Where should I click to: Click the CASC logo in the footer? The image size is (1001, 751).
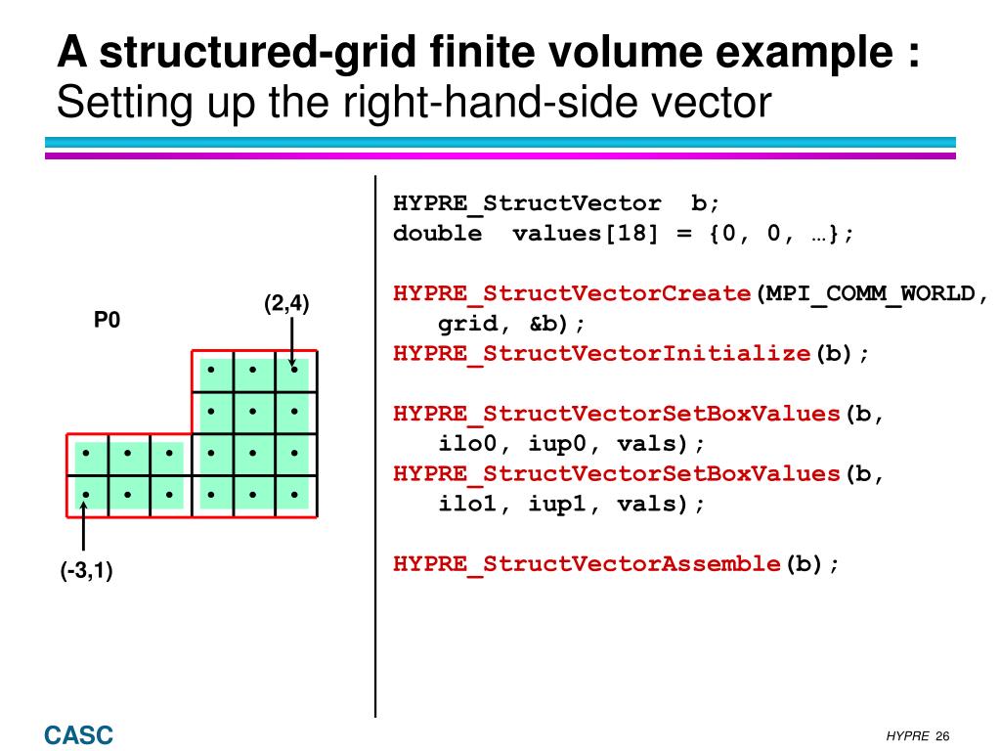(78, 734)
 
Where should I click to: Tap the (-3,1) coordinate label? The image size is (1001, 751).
(86, 571)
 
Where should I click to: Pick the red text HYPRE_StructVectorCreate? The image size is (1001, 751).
(572, 293)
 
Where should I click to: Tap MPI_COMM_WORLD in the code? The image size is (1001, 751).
(870, 293)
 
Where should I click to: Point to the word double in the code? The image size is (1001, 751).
(437, 234)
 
